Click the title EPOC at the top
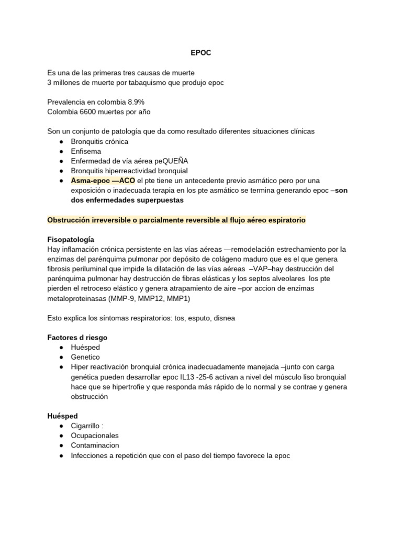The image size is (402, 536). pyautogui.click(x=200, y=53)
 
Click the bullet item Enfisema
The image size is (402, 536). pyautogui.click(x=86, y=151)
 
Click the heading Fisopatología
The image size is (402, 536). pyautogui.click(x=71, y=239)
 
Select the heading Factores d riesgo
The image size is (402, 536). pyautogui.click(x=77, y=338)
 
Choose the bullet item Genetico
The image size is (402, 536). pyautogui.click(x=86, y=358)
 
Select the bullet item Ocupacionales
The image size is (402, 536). pyautogui.click(x=95, y=435)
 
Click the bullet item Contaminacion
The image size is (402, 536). pyautogui.click(x=95, y=445)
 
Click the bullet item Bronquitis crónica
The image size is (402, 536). pyautogui.click(x=99, y=141)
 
